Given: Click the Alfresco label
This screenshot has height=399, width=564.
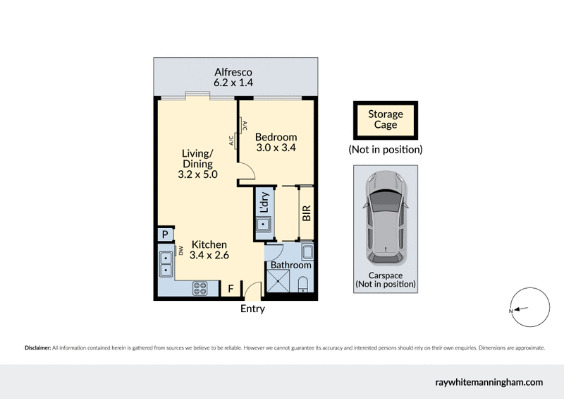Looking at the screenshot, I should tap(233, 72).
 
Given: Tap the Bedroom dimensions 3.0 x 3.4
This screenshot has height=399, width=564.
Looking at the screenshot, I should tap(276, 148).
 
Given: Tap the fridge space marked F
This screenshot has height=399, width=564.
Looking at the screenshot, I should tap(230, 288).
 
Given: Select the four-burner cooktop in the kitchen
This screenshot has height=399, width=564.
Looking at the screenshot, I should tap(200, 287).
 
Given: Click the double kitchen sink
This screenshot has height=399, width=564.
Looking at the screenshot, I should tap(166, 263).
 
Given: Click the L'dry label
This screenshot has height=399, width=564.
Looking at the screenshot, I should tap(264, 203).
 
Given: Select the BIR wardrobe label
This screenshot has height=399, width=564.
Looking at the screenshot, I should tap(307, 213).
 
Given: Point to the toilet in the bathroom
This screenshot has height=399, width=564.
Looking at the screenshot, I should tap(303, 285).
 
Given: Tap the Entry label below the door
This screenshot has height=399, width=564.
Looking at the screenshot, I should tap(252, 309).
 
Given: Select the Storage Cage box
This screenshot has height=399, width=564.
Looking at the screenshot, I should tap(386, 120).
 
